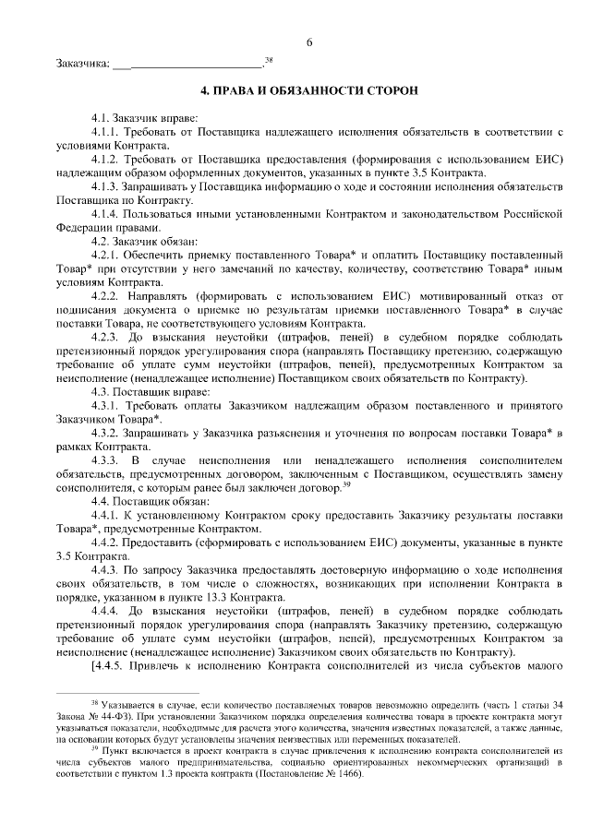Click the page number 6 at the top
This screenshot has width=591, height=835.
[x=309, y=42]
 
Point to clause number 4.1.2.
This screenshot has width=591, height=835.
[x=106, y=160]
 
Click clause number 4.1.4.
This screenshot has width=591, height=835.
[x=106, y=213]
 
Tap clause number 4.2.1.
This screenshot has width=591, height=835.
[x=106, y=254]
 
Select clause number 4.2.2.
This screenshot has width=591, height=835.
[x=106, y=294]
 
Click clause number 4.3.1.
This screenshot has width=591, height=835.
[x=106, y=406]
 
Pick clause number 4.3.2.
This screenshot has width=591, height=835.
[x=106, y=433]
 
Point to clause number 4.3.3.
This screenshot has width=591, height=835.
[x=106, y=460]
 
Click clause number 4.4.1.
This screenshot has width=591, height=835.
[x=106, y=515]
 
